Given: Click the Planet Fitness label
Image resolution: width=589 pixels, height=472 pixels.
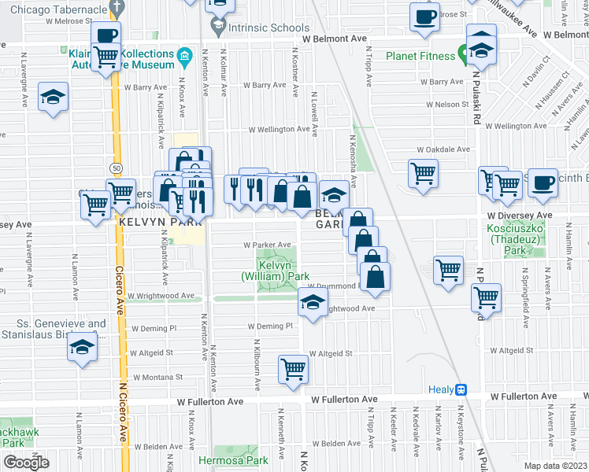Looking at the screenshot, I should pos(421,56).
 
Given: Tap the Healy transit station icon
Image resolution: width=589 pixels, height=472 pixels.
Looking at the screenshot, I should pos(461,389).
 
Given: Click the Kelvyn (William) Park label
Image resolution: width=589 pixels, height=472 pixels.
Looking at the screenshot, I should pos(275,271).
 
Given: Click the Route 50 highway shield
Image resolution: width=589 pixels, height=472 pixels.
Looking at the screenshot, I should pos(116,168).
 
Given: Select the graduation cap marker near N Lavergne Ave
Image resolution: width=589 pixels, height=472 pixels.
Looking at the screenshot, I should pos(53,98).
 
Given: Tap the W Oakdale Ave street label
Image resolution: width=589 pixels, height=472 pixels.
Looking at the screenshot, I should pos(443,149).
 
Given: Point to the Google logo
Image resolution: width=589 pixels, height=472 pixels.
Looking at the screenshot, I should pos(26,462).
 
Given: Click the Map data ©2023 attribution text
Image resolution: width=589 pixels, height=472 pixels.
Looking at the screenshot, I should pos(555,466).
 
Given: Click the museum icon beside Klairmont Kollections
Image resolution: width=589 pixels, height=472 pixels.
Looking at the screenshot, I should pos(185,56).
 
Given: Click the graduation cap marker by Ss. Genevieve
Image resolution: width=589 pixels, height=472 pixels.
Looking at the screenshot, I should pos(81,347).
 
